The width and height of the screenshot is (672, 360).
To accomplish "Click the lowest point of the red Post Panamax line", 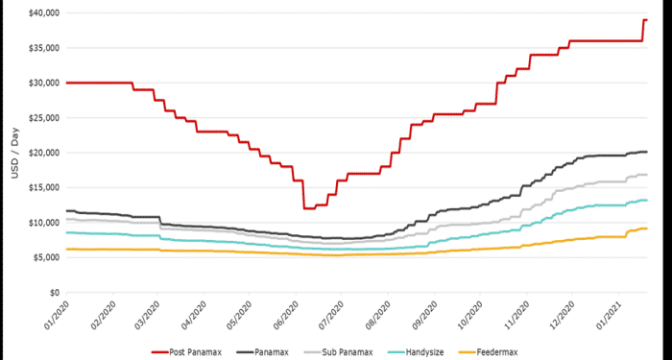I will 308,208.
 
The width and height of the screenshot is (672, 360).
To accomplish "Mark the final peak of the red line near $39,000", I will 645,20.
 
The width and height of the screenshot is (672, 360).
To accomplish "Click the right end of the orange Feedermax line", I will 647,228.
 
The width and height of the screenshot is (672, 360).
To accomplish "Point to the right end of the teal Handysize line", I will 647,200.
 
